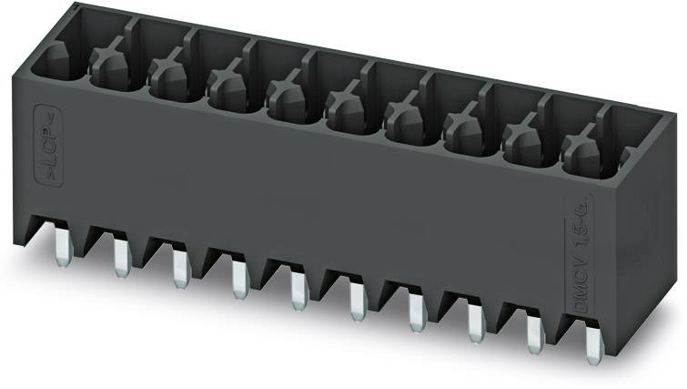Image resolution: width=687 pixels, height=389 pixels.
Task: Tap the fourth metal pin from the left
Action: pos(238,280)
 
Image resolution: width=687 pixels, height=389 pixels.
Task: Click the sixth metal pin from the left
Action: pos(356,302)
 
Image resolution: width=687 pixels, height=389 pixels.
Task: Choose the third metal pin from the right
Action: pos(474,325)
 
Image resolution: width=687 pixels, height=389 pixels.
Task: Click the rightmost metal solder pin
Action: pos(592,347)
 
